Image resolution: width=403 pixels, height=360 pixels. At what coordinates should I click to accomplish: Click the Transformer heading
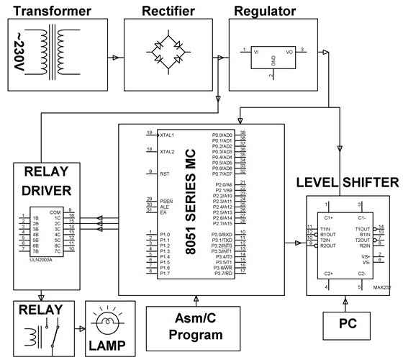[x=49, y=11]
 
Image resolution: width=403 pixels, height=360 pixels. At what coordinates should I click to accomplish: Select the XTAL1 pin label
[x=168, y=135]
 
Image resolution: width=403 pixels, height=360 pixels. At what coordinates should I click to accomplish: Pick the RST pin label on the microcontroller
[x=163, y=173]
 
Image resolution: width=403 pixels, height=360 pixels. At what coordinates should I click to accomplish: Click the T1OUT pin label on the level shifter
[x=362, y=228]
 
